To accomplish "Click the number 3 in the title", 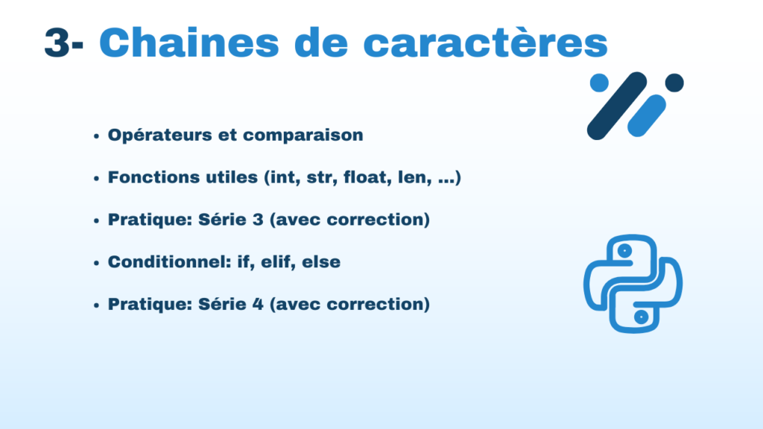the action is point(57,42).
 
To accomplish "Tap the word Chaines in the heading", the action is point(189,42).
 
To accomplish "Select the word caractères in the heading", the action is point(486,42).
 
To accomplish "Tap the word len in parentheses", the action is point(414,177).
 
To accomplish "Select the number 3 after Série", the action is point(258,220).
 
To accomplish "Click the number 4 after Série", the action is point(258,305).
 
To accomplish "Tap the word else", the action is point(321,261).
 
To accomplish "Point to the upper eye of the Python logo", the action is point(624,251).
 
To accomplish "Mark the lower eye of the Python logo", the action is point(642,317).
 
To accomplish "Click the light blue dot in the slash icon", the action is point(599,83).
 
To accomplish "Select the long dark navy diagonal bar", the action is point(617,106).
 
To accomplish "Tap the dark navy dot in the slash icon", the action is point(674,83).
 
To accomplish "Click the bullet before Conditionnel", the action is point(96,263).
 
